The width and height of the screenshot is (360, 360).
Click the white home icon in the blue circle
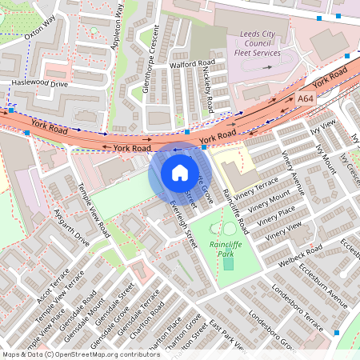tap(180, 172)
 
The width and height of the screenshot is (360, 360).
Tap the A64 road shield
tap(306, 98)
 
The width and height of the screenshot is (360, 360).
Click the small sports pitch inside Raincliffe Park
tap(228, 262)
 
